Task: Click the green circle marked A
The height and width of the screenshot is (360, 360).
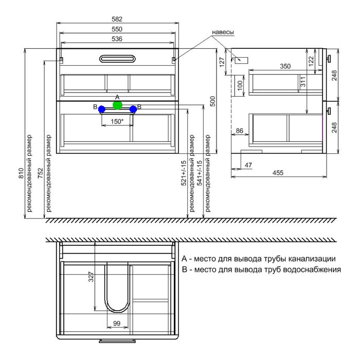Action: pos(118,105)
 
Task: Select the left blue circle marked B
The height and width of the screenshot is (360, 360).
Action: pos(102,109)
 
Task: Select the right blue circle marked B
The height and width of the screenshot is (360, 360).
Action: pos(133,109)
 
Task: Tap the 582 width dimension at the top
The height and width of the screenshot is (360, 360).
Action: pos(117,19)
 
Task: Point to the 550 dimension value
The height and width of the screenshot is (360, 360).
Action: pos(117,29)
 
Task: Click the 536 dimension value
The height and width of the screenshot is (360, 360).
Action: pos(117,39)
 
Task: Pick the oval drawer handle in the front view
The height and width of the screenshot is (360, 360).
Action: pos(117,59)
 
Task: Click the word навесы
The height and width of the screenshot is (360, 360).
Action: pos(223,32)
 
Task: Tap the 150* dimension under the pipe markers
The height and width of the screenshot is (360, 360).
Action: pos(117,121)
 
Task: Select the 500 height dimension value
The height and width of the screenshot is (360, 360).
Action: pos(213,101)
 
